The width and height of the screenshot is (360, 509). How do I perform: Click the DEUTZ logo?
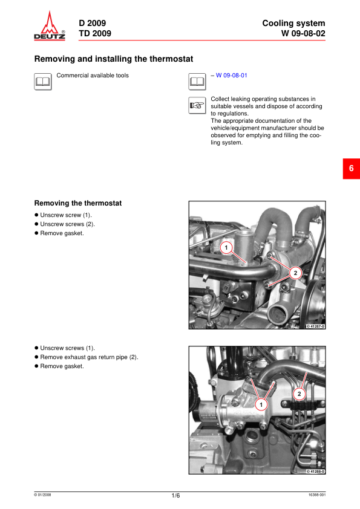[50, 25]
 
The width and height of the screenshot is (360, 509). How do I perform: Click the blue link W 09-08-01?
[231, 76]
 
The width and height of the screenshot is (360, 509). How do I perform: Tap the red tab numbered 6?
[352, 169]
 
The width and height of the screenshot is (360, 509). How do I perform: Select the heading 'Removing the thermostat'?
[78, 203]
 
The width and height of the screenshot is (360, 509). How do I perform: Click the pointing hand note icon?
[197, 105]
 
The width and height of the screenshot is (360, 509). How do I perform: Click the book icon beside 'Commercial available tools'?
[43, 82]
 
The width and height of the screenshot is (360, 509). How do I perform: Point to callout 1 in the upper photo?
[226, 248]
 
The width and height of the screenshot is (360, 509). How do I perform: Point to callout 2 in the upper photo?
[295, 273]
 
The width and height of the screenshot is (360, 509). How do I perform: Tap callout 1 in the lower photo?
[261, 405]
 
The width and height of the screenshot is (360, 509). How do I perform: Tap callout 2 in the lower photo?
[299, 394]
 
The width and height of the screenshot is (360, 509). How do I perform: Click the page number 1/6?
[175, 496]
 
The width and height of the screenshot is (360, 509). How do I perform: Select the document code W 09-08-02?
[303, 33]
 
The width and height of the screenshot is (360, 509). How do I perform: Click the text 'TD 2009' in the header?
[95, 33]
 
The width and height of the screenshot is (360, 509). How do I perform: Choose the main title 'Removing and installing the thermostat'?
[114, 59]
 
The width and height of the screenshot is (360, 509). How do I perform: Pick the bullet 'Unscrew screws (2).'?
[64, 224]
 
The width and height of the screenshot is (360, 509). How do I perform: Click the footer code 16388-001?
[317, 495]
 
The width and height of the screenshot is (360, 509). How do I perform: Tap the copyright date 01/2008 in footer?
[42, 495]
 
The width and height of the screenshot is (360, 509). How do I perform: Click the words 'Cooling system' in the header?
[293, 24]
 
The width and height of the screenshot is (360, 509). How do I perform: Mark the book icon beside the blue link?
[197, 82]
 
